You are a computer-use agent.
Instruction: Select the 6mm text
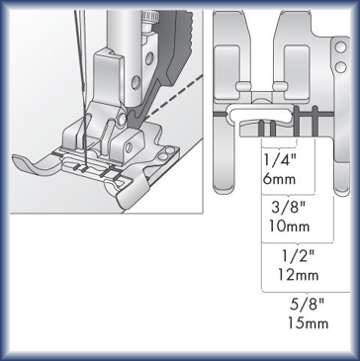tap(279, 179)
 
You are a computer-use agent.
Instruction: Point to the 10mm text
tap(289, 226)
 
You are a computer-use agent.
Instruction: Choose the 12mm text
tap(298, 275)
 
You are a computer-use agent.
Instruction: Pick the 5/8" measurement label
tap(308, 304)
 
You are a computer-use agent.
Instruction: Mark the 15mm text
tap(309, 323)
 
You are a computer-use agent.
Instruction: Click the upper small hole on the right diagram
tap(340, 47)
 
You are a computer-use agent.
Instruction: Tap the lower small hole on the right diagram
tap(340, 67)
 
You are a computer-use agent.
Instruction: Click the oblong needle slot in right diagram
tap(259, 113)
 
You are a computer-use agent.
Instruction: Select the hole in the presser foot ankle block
tap(129, 147)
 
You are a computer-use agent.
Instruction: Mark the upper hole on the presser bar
tap(149, 58)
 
